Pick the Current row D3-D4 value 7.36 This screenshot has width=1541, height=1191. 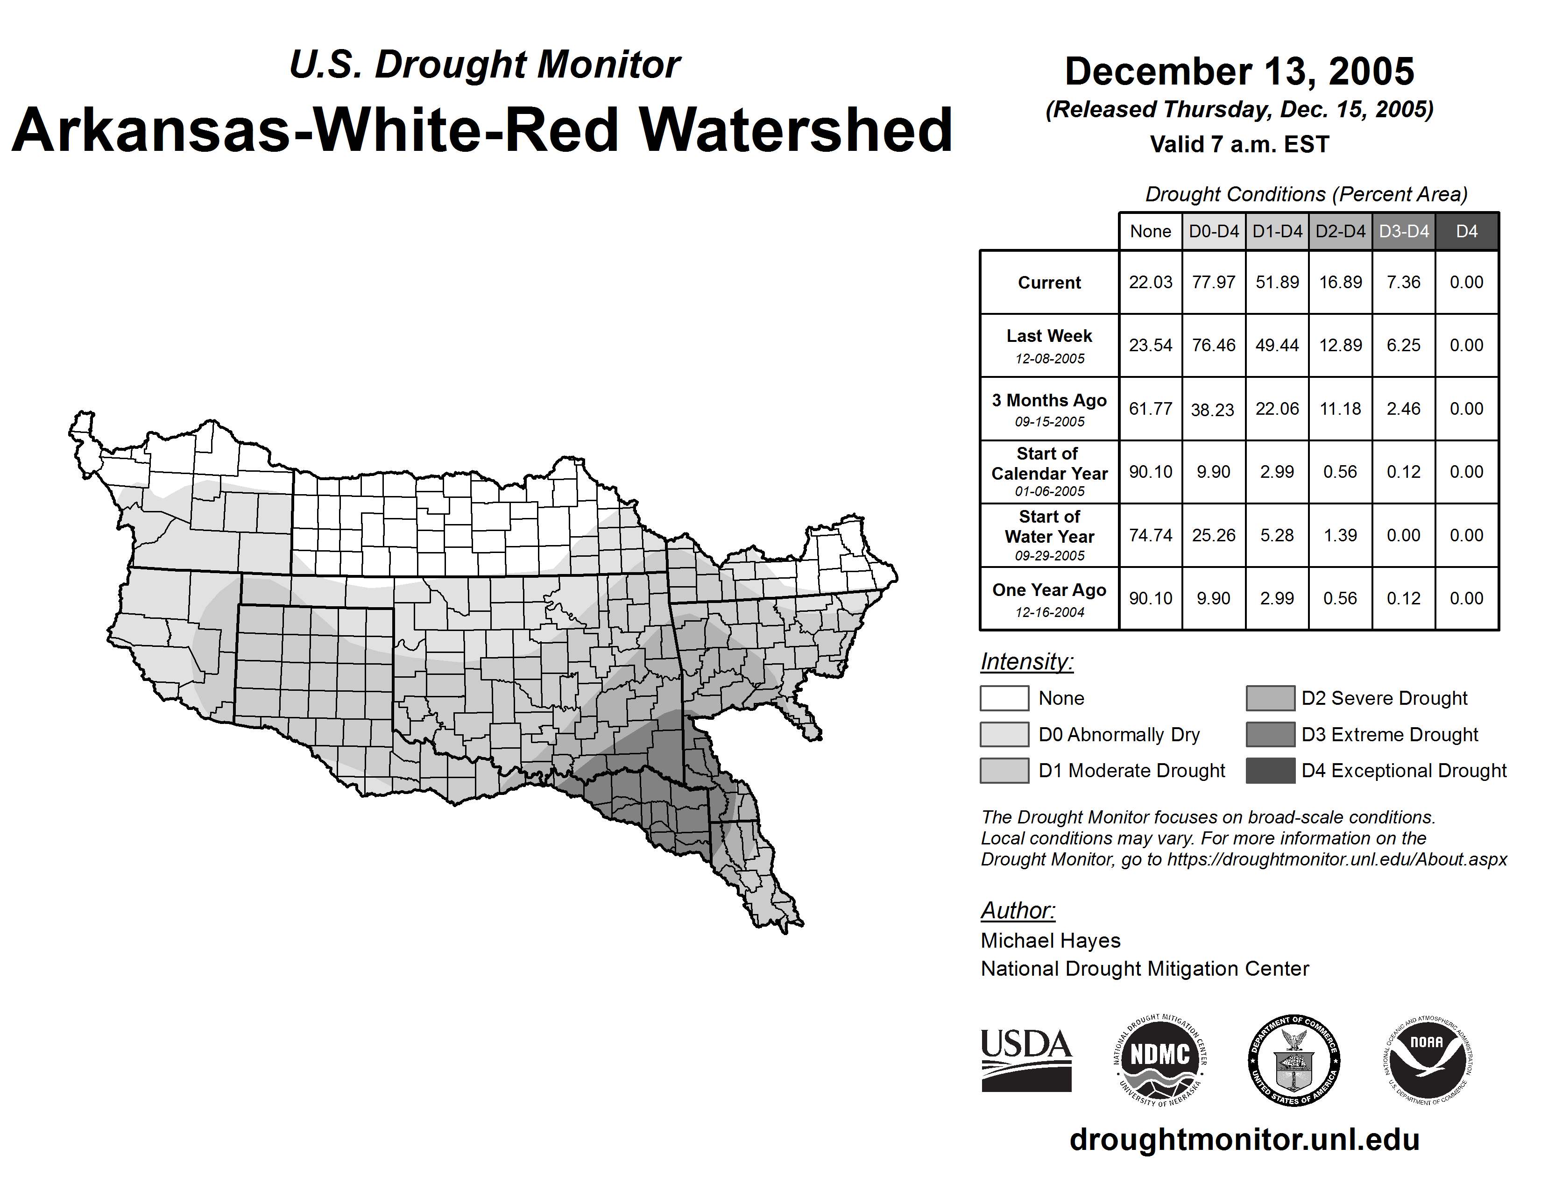point(1403,282)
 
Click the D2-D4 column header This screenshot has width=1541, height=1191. point(1341,231)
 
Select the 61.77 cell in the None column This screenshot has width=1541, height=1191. point(1150,409)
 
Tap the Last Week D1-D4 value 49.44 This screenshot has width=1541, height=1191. point(1277,346)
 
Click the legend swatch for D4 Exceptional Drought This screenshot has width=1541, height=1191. point(1270,771)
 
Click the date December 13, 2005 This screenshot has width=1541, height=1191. point(1239,71)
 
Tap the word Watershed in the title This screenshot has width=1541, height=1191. point(796,130)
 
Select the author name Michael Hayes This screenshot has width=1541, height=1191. point(1050,941)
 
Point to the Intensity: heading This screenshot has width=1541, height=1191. point(1026,662)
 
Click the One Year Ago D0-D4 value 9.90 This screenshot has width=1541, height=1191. point(1214,598)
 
